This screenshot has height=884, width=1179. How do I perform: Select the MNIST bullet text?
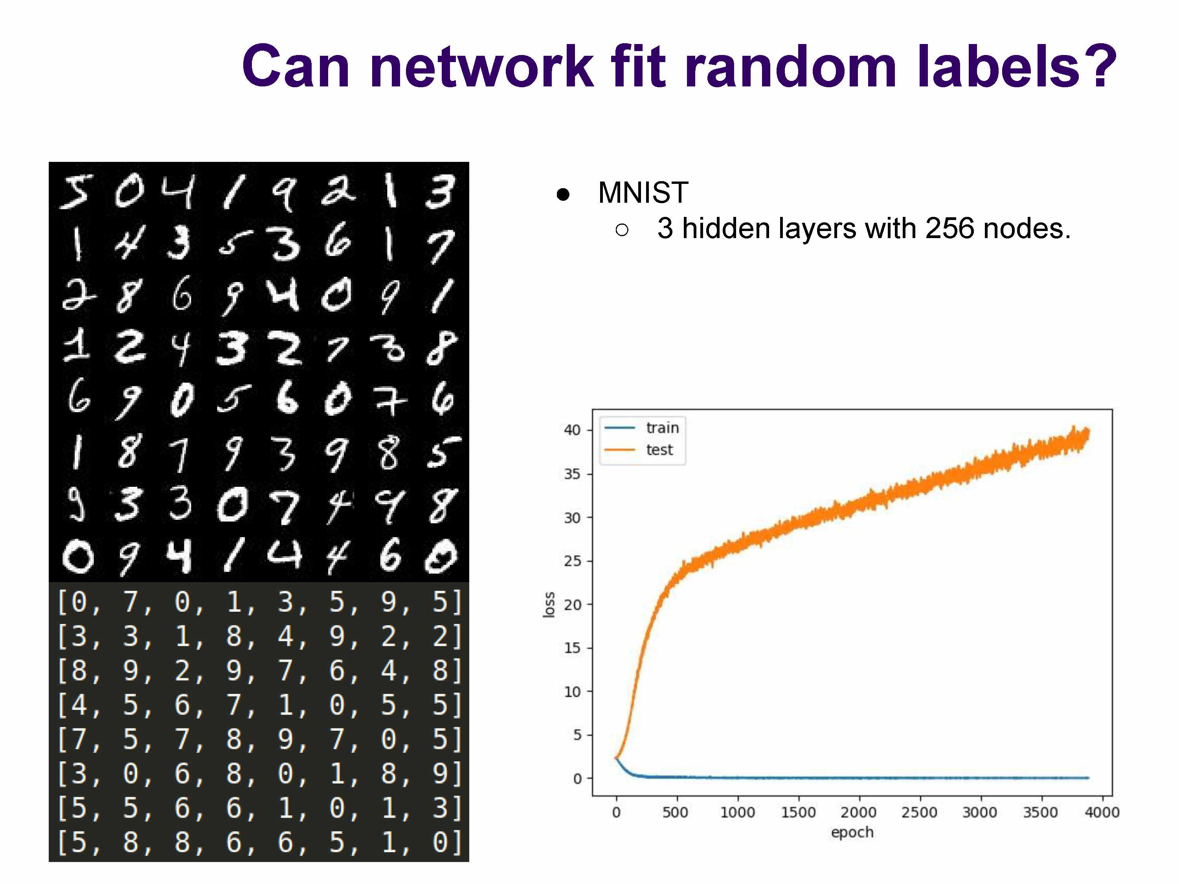[643, 193]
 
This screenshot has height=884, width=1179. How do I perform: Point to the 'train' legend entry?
[662, 428]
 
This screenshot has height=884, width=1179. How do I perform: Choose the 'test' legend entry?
[659, 450]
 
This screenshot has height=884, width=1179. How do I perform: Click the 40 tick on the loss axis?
[572, 430]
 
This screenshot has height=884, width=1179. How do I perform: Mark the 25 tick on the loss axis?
[572, 561]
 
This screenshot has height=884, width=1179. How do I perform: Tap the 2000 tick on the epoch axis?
[859, 812]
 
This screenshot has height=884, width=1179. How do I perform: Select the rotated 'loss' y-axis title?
[549, 605]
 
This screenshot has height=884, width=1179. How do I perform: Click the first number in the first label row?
[78, 602]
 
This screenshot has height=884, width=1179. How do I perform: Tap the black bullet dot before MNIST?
[563, 194]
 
